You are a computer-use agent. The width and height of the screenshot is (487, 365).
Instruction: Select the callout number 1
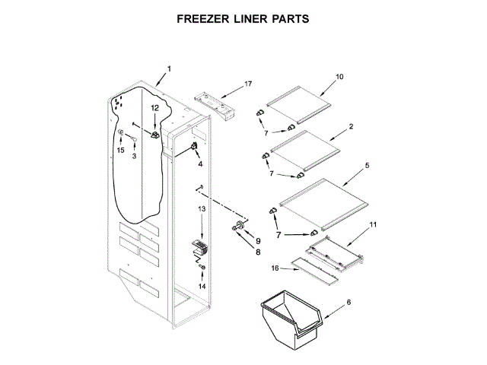[168, 69]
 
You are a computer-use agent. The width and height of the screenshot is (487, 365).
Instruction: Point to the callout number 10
[339, 76]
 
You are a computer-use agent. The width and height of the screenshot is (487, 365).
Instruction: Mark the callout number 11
[373, 224]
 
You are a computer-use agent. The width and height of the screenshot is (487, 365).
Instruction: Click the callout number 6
[349, 302]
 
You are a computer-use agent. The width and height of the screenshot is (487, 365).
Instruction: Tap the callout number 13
[202, 209]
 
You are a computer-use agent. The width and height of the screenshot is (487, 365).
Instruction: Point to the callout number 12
[154, 109]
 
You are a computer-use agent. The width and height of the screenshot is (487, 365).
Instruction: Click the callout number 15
[119, 151]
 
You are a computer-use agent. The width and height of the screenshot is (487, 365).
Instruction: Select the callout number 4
[200, 163]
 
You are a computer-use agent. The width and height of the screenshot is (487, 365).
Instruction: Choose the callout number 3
[134, 157]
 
